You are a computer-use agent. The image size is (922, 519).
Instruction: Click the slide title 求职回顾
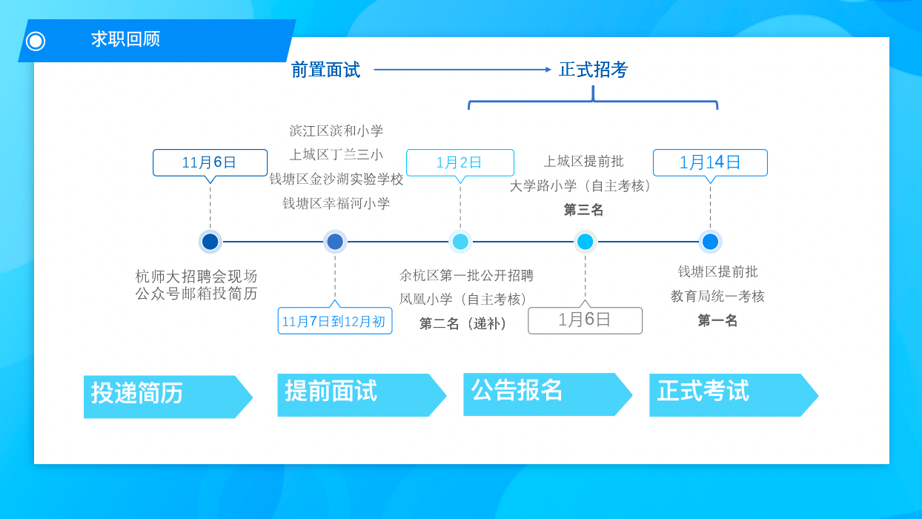[125, 39]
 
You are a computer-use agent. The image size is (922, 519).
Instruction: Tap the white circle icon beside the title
[36, 41]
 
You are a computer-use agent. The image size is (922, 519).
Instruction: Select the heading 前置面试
[325, 70]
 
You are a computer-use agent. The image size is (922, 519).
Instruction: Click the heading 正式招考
[593, 70]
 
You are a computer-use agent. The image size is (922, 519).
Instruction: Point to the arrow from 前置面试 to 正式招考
[462, 70]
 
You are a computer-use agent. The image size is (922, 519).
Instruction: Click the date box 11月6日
[210, 162]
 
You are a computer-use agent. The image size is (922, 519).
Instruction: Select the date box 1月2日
[460, 162]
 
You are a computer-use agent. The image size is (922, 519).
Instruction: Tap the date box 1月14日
[710, 162]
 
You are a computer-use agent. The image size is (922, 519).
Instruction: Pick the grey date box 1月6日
[585, 320]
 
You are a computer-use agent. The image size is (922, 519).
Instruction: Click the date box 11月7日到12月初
[334, 321]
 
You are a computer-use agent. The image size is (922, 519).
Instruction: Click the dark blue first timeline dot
[210, 242]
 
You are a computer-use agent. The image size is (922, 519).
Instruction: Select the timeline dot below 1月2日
[460, 242]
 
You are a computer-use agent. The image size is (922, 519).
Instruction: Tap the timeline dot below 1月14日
[710, 242]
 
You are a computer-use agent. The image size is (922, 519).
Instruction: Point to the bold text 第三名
[584, 210]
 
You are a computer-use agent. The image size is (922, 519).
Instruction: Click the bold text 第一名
[717, 320]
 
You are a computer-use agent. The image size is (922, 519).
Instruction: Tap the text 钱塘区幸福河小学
[336, 203]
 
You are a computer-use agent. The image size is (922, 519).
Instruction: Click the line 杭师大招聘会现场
[196, 277]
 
